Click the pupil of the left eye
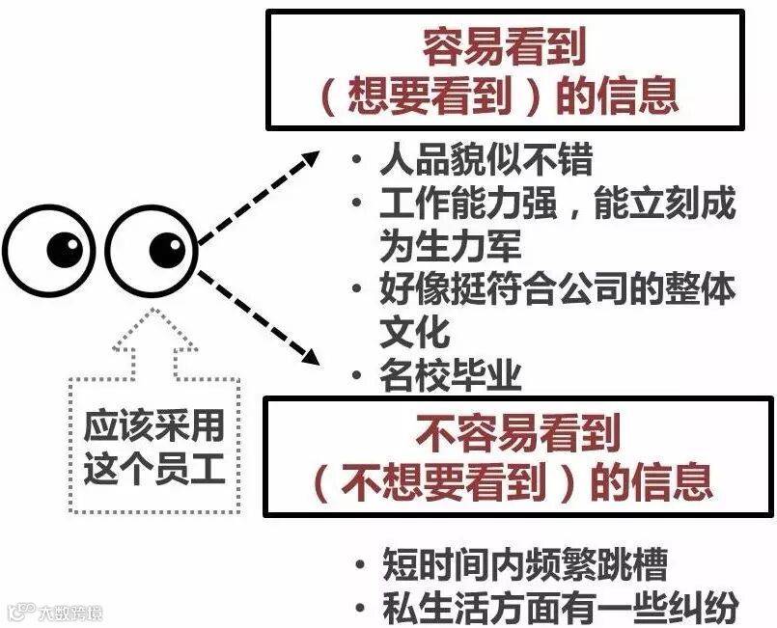[x=66, y=250]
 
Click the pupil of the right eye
[x=167, y=250]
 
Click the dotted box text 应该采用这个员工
[x=154, y=448]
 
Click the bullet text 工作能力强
[x=458, y=205]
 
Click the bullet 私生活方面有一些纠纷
[x=560, y=607]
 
